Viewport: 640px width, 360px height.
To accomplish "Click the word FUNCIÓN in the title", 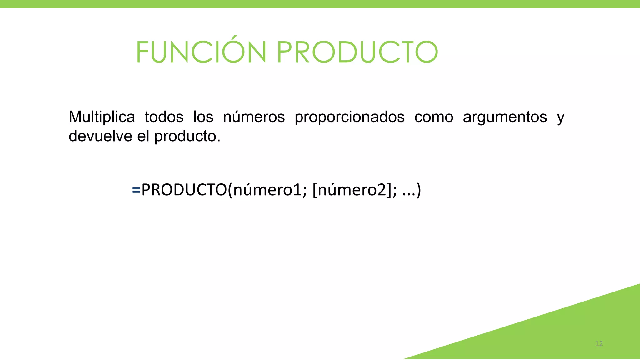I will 201,52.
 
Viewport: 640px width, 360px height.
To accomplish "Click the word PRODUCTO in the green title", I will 357,52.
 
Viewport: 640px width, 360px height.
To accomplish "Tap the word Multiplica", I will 102,117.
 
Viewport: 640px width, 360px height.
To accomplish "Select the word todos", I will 164,117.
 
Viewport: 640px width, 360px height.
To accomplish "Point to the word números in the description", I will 254,117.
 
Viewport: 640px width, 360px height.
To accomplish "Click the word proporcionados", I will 349,117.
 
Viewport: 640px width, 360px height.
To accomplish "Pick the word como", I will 434,117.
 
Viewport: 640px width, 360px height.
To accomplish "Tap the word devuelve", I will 100,136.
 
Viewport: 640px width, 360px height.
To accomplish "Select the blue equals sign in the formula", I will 136,190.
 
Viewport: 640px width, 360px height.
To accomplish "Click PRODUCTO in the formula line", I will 184,190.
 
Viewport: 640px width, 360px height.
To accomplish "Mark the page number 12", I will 599,344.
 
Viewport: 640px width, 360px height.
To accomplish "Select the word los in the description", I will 203,117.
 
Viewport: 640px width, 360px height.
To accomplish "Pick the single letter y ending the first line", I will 561,118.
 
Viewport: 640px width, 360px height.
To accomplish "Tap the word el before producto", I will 143,136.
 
